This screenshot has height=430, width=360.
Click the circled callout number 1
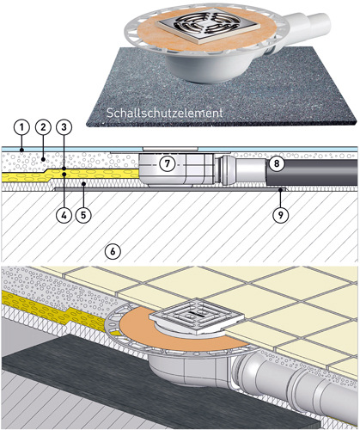pyautogui.click(x=21, y=127)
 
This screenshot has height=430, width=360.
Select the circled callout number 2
pyautogui.click(x=43, y=127)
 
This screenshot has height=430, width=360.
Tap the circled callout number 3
pyautogui.click(x=64, y=127)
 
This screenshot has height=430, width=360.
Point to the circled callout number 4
pyautogui.click(x=64, y=214)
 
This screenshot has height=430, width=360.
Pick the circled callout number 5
pyautogui.click(x=83, y=214)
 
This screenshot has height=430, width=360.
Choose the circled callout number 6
pyautogui.click(x=113, y=251)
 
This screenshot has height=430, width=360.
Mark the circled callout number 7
pyautogui.click(x=168, y=164)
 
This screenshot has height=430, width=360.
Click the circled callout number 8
pyautogui.click(x=277, y=164)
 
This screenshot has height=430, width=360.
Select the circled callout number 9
pyautogui.click(x=280, y=214)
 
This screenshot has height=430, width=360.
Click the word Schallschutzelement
pyautogui.click(x=164, y=113)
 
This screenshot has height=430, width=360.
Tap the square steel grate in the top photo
pyautogui.click(x=209, y=26)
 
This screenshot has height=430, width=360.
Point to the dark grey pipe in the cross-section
pyautogui.click(x=312, y=172)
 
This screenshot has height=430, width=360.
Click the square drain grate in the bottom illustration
pyautogui.click(x=197, y=316)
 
